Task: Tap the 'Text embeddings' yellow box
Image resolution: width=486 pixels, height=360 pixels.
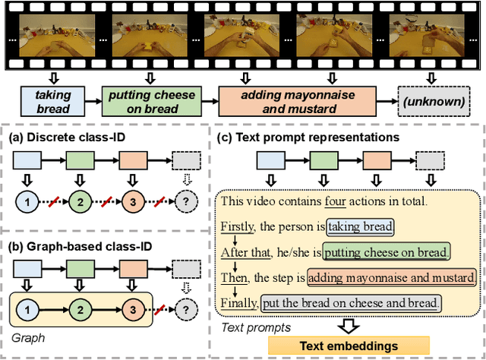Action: point(347,346)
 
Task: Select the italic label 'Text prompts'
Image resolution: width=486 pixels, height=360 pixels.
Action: point(252,327)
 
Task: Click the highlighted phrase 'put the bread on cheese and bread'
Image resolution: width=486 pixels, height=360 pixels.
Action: point(351,302)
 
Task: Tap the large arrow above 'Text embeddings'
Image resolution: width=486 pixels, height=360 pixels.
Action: point(347,325)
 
